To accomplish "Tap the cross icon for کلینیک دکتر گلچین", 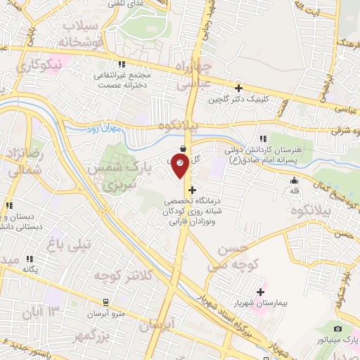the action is (x=239, y=89).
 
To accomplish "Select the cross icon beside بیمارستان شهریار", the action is (x=261, y=292).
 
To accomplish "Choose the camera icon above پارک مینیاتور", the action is (x=337, y=329).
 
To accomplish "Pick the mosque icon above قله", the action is (x=293, y=180).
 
